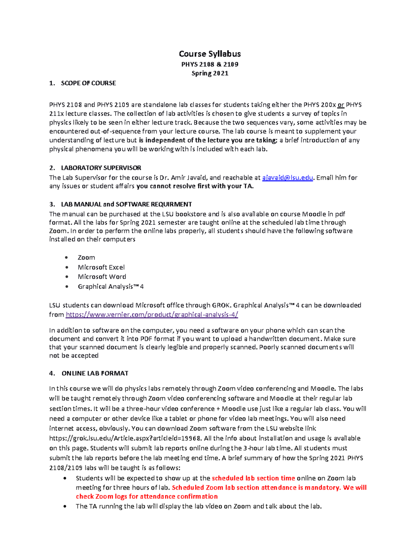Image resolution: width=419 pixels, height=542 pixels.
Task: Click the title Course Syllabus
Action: (209, 54)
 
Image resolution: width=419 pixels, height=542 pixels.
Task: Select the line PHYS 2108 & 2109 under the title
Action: (209, 64)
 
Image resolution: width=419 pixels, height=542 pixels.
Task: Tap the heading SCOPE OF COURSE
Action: (88, 83)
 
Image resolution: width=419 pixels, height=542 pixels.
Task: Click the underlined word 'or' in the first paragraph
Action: (341, 105)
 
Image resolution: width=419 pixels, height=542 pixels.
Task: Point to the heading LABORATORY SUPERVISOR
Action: (101, 168)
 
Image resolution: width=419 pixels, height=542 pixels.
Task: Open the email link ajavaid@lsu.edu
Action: (287, 178)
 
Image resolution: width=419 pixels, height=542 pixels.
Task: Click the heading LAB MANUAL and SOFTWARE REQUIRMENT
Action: (126, 204)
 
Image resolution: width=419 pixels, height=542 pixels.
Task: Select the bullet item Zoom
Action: (86, 258)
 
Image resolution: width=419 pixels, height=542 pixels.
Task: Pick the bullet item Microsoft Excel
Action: (101, 267)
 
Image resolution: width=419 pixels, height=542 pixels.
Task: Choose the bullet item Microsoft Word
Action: (102, 277)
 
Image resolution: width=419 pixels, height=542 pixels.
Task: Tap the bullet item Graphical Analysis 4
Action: (110, 287)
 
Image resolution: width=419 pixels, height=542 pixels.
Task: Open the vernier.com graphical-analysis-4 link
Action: (152, 315)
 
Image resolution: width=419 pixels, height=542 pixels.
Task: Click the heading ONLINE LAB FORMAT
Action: (95, 373)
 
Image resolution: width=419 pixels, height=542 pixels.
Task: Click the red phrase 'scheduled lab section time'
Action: (253, 478)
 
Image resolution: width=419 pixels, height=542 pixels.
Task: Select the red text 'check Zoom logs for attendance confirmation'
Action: (147, 497)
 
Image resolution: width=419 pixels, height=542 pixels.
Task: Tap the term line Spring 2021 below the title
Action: (209, 73)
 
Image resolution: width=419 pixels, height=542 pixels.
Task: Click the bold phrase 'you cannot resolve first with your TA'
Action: (195, 186)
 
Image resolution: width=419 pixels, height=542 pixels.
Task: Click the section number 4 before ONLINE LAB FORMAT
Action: (52, 373)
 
